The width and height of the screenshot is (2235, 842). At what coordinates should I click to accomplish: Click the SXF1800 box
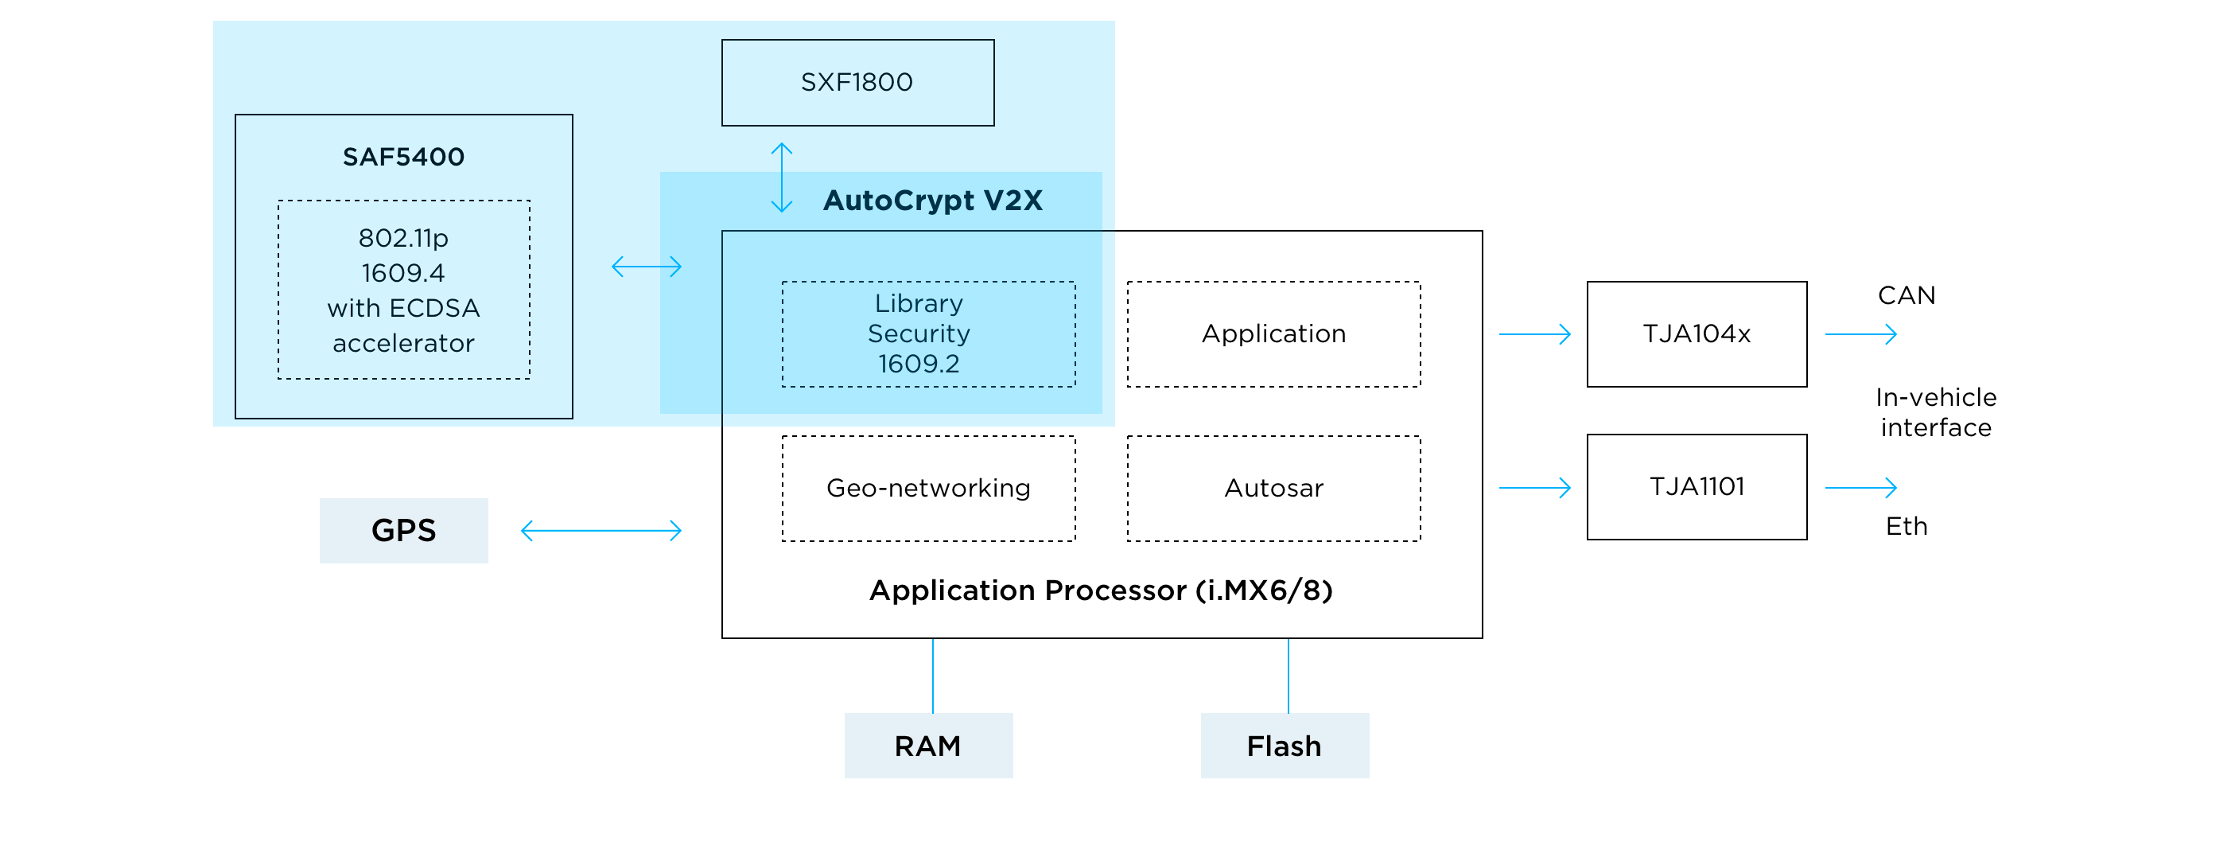pos(857,83)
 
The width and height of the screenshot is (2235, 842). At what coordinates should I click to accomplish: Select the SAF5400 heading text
pos(403,157)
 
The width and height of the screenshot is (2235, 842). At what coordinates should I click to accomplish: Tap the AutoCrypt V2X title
pos(932,201)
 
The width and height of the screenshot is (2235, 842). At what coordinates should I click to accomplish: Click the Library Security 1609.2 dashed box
pos(927,334)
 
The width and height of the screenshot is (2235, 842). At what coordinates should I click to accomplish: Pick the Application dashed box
pos(1273,334)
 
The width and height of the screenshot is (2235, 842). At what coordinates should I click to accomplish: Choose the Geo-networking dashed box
pos(927,489)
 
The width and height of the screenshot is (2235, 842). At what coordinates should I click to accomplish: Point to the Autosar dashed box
pos(1273,489)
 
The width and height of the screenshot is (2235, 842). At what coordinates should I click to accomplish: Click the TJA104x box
pos(1697,334)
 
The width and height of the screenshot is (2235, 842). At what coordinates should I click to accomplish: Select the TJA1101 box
pos(1697,487)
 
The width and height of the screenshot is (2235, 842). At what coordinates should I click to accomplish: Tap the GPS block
pos(403,530)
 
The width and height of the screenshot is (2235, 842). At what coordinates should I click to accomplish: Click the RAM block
pos(927,746)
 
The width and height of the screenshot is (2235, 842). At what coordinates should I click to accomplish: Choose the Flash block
pos(1284,746)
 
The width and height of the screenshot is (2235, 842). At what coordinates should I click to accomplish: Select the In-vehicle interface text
pos(1935,412)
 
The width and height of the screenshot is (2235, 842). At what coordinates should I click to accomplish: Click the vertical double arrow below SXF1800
pos(782,178)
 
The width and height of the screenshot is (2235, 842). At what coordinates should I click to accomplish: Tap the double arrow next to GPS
pos(601,530)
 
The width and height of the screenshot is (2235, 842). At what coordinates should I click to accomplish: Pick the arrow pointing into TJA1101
pos(1534,488)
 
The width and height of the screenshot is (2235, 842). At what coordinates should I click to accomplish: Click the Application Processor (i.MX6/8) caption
pos(1100,591)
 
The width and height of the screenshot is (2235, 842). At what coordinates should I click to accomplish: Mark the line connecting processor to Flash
pos(1289,676)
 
